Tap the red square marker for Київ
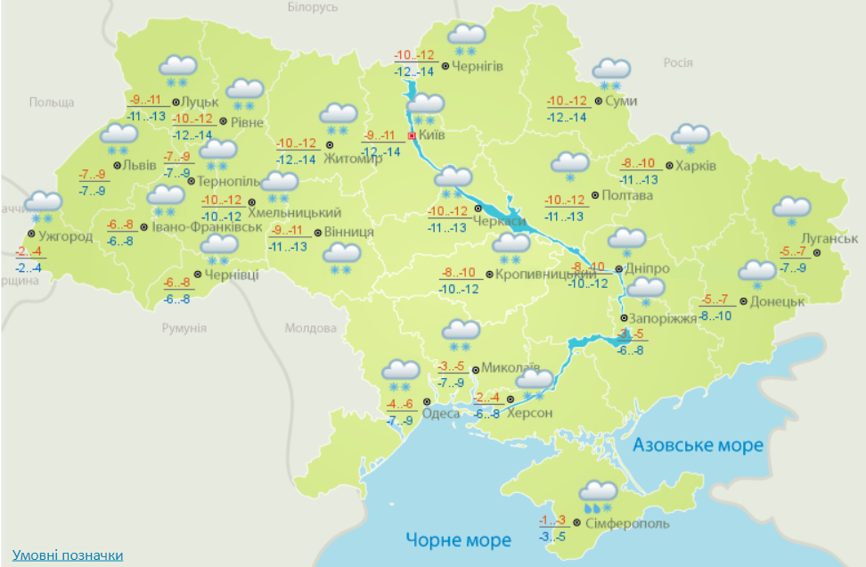coord(412,136)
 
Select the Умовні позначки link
coord(68,555)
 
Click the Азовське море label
coord(698,445)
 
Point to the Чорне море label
coord(458,539)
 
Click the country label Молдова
coord(311,328)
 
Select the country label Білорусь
coord(314,7)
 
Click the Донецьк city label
coord(778,301)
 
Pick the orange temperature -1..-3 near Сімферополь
coord(552,521)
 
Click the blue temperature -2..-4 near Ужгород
coord(29,267)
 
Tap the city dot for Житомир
coord(329,144)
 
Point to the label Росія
coord(678,62)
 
